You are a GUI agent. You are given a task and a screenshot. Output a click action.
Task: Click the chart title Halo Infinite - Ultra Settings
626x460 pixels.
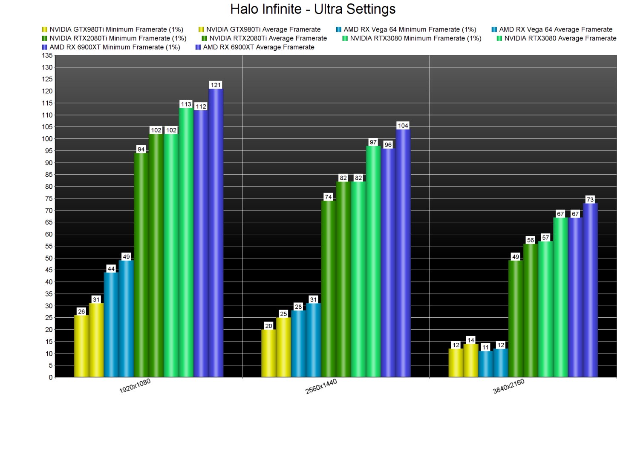pyautogui.click(x=313, y=9)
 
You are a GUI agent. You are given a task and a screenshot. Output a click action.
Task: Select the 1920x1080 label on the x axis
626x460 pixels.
pyautogui.click(x=135, y=386)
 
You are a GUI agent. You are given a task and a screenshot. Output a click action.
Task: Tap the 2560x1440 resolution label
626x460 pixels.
pyautogui.click(x=321, y=386)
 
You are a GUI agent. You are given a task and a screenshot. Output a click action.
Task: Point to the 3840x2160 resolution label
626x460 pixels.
pyautogui.click(x=508, y=386)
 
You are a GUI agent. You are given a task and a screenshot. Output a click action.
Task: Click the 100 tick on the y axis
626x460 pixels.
pyautogui.click(x=47, y=139)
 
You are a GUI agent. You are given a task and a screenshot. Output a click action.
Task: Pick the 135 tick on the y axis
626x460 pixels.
pyautogui.click(x=47, y=55)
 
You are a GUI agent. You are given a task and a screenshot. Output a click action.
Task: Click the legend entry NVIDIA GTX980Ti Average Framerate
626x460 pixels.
pyautogui.click(x=263, y=29)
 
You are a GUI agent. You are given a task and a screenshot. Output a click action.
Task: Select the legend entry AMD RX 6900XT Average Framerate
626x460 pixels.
pyautogui.click(x=258, y=47)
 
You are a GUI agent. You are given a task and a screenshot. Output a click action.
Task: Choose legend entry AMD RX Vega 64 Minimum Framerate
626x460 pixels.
pyautogui.click(x=410, y=29)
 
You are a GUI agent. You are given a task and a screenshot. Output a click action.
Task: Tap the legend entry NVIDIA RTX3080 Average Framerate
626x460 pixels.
pyautogui.click(x=560, y=38)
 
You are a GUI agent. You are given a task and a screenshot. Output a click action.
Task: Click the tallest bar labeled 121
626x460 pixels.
pyautogui.click(x=216, y=233)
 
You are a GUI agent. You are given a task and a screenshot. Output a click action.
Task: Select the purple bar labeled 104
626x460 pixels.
pyautogui.click(x=403, y=253)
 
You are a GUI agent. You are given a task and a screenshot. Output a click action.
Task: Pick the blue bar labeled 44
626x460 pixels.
pyautogui.click(x=111, y=325)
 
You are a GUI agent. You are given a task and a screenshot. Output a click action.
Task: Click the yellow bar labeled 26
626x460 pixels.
pyautogui.click(x=81, y=346)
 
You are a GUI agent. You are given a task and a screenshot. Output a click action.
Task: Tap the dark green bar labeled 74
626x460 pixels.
pyautogui.click(x=328, y=289)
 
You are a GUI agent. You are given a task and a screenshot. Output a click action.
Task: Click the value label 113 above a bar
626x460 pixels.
pyautogui.click(x=186, y=104)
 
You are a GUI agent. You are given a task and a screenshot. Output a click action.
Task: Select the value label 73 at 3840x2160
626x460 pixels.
pyautogui.click(x=590, y=200)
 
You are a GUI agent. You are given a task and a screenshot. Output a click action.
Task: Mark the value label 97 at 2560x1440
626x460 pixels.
pyautogui.click(x=373, y=142)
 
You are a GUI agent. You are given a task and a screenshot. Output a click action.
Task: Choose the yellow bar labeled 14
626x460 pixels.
pyautogui.click(x=471, y=360)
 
